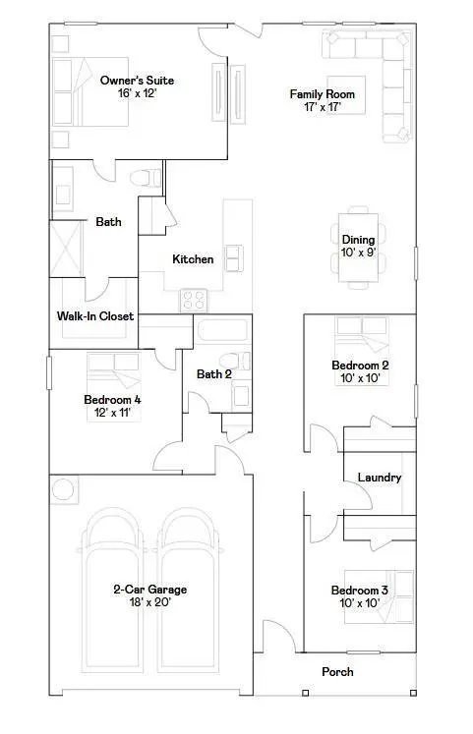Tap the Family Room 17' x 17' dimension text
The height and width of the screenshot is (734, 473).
click(322, 107)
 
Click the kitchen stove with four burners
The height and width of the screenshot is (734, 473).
click(193, 300)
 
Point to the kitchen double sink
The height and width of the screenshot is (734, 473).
click(234, 257)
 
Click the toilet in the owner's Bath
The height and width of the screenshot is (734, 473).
click(147, 179)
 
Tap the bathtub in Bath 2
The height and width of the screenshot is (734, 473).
click(222, 330)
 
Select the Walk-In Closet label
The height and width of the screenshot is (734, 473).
click(94, 316)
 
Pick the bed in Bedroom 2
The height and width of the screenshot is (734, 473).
click(361, 337)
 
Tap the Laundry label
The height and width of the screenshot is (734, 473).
click(379, 478)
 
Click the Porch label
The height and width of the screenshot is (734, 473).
click(337, 672)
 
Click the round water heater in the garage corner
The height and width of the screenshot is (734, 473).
click(64, 489)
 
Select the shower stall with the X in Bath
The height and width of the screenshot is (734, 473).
click(66, 251)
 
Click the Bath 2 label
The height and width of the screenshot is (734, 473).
click(213, 373)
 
